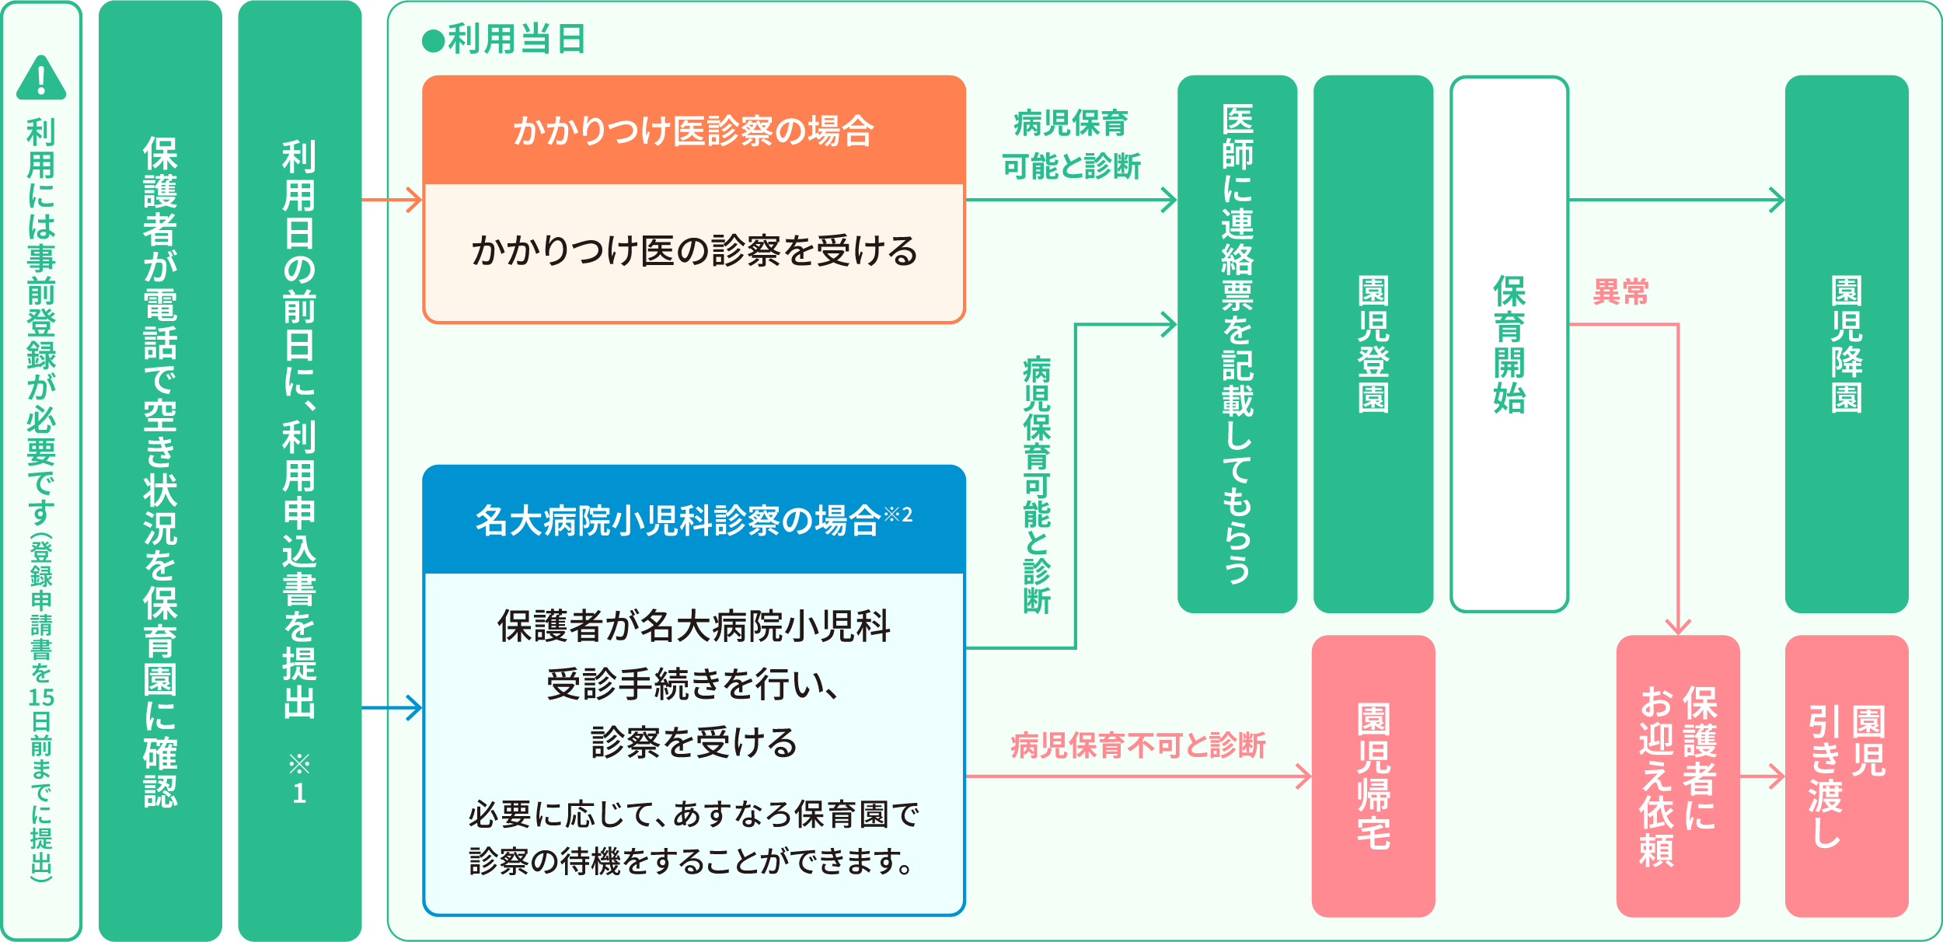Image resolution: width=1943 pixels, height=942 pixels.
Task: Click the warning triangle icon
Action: tap(41, 78)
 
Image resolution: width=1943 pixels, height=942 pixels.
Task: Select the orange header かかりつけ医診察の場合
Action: tap(693, 130)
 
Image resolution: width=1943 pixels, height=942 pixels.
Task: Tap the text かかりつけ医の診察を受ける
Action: tap(694, 251)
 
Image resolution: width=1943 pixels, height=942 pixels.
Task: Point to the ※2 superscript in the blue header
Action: tap(898, 514)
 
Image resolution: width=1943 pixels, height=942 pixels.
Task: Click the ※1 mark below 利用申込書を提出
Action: tap(299, 778)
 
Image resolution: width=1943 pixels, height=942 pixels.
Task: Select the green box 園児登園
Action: tap(1373, 344)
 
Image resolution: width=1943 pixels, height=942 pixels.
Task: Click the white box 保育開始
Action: tap(1509, 344)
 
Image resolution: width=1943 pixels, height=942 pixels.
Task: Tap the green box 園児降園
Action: tap(1847, 344)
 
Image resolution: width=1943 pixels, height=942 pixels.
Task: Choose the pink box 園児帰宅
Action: tap(1373, 776)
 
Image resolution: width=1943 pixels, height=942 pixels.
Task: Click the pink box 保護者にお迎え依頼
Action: tap(1678, 776)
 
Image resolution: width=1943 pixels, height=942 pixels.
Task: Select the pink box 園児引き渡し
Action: tap(1847, 776)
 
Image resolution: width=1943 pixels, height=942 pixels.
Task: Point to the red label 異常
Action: tap(1621, 291)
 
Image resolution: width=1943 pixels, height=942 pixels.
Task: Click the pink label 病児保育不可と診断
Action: tap(1138, 745)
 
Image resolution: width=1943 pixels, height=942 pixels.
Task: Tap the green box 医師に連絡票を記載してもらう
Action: tap(1237, 344)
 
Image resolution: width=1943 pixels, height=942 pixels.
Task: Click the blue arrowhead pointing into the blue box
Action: tap(415, 707)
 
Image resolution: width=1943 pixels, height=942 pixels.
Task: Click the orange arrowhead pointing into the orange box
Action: tap(415, 200)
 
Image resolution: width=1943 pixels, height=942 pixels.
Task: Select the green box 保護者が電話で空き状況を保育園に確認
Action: tap(160, 471)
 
